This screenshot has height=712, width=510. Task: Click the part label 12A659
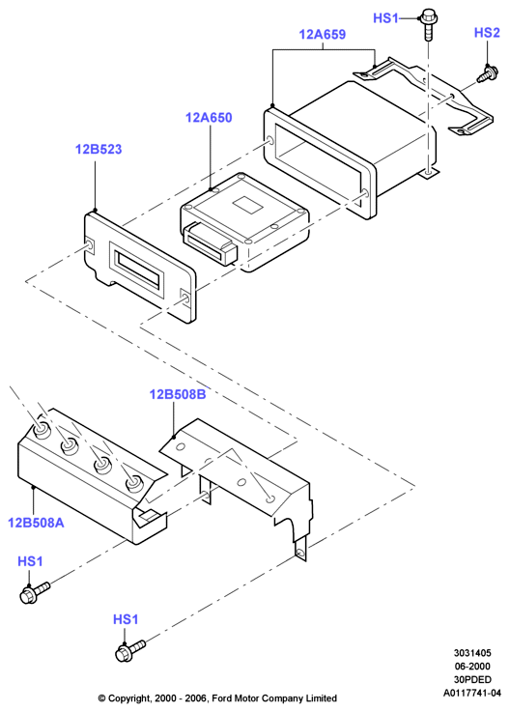[x=322, y=34]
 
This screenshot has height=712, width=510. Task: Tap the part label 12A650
[x=209, y=118]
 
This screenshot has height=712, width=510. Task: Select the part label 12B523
[x=99, y=149]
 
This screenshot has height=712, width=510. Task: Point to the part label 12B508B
[x=178, y=394]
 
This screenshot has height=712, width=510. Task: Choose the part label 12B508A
[x=36, y=523]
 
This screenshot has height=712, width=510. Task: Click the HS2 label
[x=487, y=33]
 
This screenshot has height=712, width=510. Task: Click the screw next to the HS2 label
[x=488, y=73]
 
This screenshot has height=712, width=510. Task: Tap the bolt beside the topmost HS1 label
[x=427, y=24]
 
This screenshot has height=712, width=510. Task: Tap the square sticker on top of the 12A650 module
[x=247, y=205]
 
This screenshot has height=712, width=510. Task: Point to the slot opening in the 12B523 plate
[x=139, y=269]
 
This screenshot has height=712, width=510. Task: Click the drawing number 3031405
[x=472, y=653]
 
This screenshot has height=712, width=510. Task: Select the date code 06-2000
[x=472, y=667]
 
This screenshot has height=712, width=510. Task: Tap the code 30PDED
[x=472, y=679]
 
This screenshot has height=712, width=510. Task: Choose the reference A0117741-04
[x=472, y=693]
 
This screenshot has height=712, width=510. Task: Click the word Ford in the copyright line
[x=222, y=698]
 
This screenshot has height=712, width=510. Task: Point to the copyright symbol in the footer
[x=101, y=698]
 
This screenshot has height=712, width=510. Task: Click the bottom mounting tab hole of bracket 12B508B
[x=299, y=553]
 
